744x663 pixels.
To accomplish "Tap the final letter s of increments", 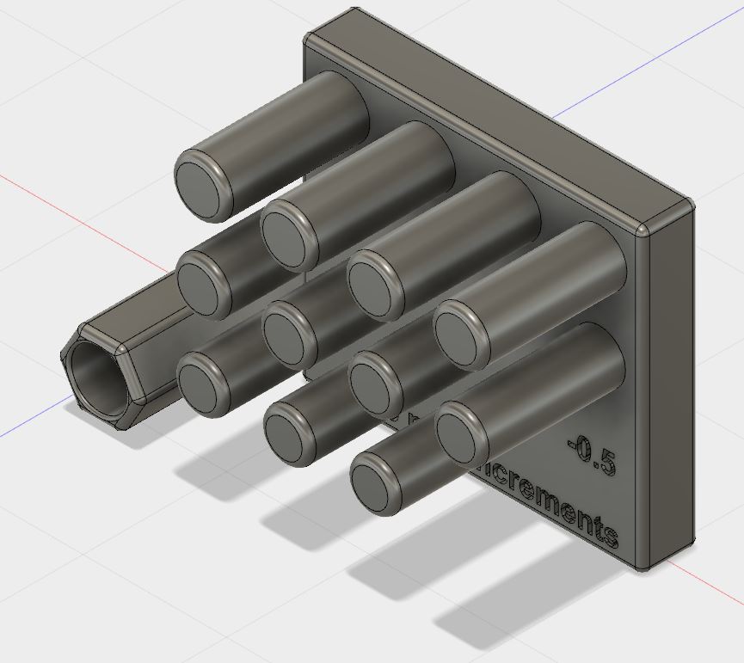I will click(610, 536).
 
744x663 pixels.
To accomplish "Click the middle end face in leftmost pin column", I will click(204, 283).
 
